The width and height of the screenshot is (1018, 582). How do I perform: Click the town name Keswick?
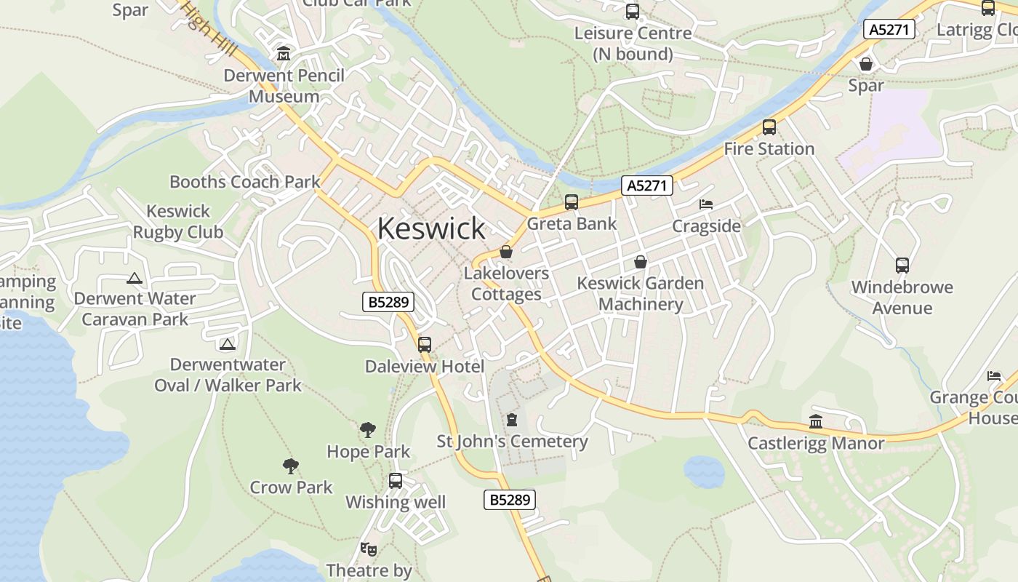431,228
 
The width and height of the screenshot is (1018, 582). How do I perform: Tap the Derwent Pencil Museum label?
284,86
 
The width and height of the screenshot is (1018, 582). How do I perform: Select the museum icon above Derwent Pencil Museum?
284,53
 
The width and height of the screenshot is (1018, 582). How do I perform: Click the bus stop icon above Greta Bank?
572,202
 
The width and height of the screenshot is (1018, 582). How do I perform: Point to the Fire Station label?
769,149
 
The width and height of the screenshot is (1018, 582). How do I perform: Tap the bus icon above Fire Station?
769,127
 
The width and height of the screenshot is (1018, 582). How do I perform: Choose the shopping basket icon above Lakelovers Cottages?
506,252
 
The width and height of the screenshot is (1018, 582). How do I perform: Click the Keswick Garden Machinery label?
640,293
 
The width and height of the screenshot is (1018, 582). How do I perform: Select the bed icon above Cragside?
706,204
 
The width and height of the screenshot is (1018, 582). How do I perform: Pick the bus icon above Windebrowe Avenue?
902,266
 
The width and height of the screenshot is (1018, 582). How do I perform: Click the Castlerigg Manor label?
816,443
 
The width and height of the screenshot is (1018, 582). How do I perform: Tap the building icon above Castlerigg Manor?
816,422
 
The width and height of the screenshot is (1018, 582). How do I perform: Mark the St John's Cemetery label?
512,442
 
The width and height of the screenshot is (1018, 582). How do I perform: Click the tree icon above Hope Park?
368,430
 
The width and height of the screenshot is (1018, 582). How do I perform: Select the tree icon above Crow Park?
291,466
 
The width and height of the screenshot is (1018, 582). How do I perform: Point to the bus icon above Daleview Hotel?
425,345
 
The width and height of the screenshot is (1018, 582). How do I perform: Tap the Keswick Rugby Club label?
178,222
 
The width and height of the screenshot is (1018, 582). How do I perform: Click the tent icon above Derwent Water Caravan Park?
134,278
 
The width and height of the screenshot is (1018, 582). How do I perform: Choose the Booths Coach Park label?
244,182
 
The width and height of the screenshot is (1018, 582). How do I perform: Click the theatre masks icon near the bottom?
368,549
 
